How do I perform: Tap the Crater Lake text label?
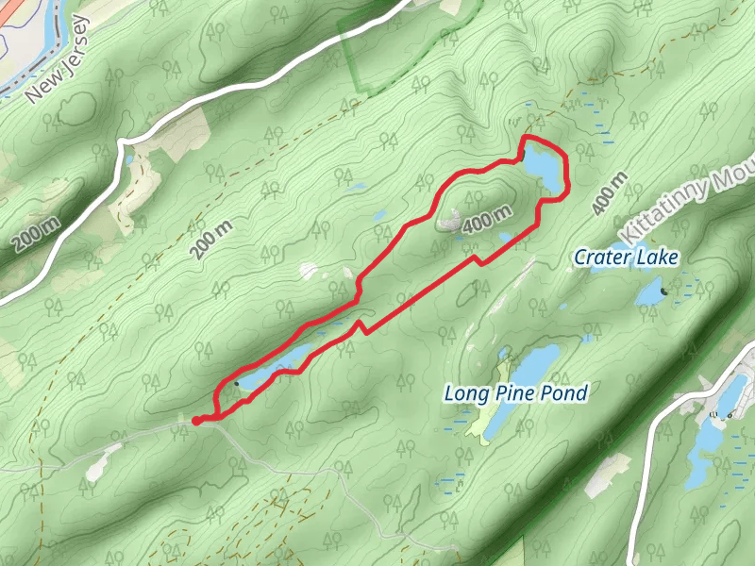(x=627, y=257)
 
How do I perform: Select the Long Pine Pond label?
(x=516, y=393)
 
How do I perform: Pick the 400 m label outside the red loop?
(x=611, y=192)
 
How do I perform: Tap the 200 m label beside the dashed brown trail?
(x=210, y=240)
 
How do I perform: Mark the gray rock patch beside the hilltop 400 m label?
(x=449, y=221)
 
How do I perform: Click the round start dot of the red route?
(x=196, y=421)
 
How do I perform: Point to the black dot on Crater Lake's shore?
(x=664, y=291)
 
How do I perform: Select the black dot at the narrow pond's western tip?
(x=235, y=383)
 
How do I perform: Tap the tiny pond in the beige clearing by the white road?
(x=128, y=161)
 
